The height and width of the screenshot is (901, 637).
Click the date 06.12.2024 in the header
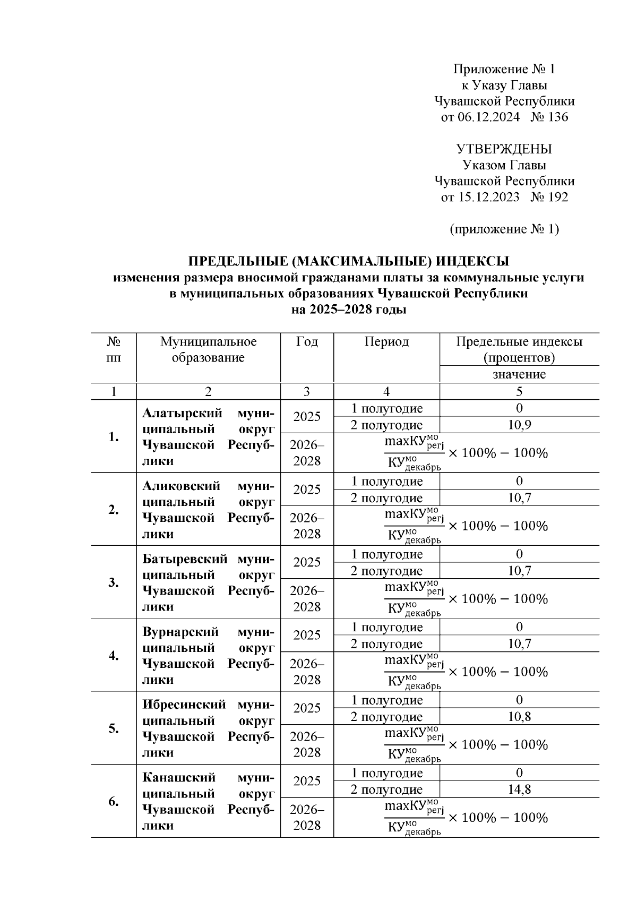click(x=488, y=117)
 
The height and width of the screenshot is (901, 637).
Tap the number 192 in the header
click(x=557, y=198)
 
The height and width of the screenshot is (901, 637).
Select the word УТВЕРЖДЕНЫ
click(x=504, y=149)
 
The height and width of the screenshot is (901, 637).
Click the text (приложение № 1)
click(x=504, y=229)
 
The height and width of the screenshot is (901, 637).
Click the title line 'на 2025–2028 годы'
click(x=349, y=310)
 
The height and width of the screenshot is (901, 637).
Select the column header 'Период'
click(x=386, y=342)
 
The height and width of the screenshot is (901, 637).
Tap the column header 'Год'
click(x=307, y=342)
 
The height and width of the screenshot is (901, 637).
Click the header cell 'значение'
click(x=519, y=374)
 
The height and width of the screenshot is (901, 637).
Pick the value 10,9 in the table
click(x=519, y=425)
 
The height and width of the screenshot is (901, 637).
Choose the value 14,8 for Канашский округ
click(x=519, y=790)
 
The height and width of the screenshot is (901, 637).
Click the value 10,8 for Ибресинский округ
click(x=519, y=717)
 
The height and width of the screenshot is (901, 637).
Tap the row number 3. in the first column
click(x=113, y=582)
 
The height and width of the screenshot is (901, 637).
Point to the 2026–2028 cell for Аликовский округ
click(x=307, y=526)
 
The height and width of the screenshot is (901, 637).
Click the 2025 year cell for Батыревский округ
click(x=307, y=562)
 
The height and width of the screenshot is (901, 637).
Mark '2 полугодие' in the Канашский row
click(x=386, y=790)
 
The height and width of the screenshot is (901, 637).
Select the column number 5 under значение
click(x=519, y=392)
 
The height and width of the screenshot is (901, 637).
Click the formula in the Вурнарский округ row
click(x=466, y=672)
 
